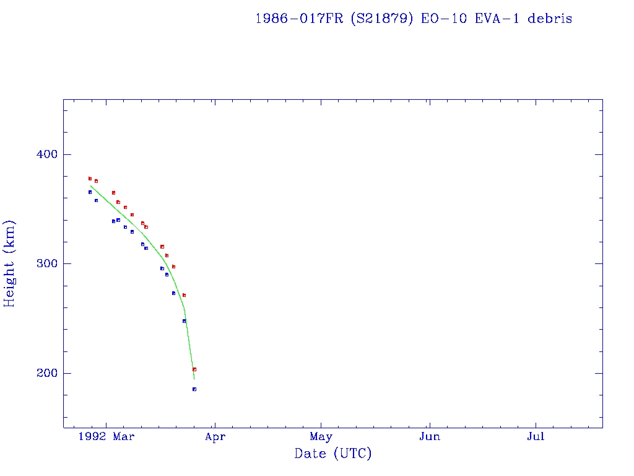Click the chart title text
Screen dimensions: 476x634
(414, 19)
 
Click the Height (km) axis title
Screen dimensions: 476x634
(10, 263)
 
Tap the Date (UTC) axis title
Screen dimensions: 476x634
(333, 454)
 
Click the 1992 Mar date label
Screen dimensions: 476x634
(106, 437)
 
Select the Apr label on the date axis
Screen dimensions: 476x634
(215, 437)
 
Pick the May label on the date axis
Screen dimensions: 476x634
(321, 437)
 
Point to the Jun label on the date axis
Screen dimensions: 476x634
(429, 437)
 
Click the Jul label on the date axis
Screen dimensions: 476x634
(536, 437)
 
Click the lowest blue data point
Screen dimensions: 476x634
(194, 389)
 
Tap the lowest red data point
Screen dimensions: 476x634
(194, 369)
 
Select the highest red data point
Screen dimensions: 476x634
(90, 178)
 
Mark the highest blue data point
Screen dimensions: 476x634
(90, 192)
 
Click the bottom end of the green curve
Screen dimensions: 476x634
(194, 379)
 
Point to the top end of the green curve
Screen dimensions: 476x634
(90, 185)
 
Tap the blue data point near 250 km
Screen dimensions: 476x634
(184, 321)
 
